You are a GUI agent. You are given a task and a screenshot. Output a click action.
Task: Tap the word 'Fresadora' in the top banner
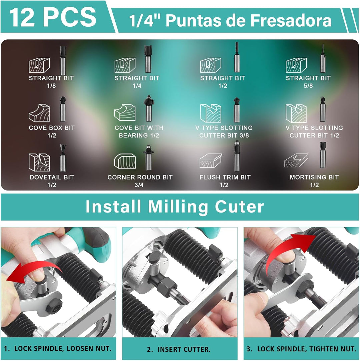coord(291,20)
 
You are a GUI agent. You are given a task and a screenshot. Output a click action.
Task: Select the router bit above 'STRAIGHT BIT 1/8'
coord(63,60)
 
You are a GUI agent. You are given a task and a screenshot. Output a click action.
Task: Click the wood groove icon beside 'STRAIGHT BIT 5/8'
coord(296,65)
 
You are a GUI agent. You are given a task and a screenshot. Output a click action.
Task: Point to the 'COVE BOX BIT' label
coord(52,128)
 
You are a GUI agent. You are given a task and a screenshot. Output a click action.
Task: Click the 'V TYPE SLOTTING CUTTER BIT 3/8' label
coord(224,131)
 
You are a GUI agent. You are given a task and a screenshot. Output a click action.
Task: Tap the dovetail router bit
coord(63,158)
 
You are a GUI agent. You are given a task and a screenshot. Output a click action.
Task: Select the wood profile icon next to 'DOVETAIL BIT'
coord(39,162)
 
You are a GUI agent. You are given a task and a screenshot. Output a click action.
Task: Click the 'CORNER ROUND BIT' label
coord(140,177)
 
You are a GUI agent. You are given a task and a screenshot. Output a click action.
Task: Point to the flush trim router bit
coord(237,156)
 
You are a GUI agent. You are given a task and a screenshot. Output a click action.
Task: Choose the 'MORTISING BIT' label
coord(314,177)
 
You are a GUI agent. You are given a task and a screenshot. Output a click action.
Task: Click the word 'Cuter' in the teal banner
coord(239,207)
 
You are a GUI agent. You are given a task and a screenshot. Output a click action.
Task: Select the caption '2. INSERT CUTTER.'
coord(179,349)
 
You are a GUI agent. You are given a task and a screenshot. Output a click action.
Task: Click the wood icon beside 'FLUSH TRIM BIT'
coord(210,160)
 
